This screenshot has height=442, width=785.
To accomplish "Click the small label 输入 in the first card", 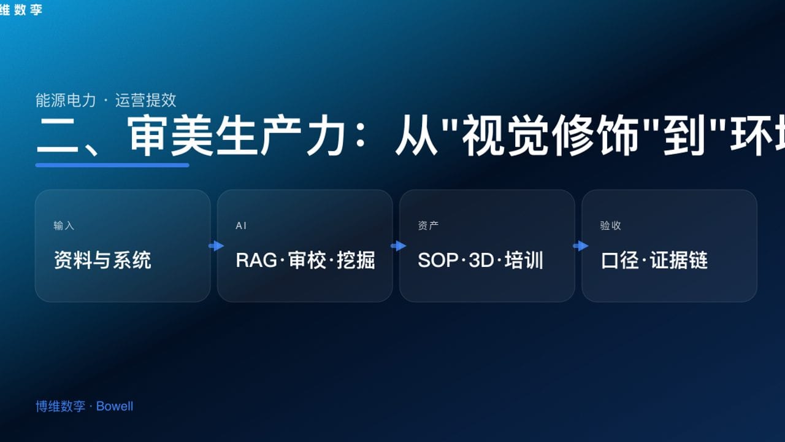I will [x=64, y=226].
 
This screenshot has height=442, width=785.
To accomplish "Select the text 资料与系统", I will [x=102, y=260].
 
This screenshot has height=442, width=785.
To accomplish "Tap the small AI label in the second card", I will [x=241, y=226].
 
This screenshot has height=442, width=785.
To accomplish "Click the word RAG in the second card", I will [x=256, y=260].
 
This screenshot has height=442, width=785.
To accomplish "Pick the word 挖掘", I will [x=356, y=260].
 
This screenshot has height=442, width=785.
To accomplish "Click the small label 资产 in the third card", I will [x=428, y=226].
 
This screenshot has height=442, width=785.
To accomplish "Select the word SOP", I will [x=438, y=260].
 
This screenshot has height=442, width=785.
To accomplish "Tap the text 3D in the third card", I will [x=481, y=260].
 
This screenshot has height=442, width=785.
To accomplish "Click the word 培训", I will [x=524, y=260].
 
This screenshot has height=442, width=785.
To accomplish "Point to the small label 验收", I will [x=610, y=226].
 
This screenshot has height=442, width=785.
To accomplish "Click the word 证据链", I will [x=679, y=260].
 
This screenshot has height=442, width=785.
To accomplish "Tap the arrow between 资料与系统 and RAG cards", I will [x=216, y=246].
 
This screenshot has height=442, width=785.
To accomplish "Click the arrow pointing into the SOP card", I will [x=398, y=246].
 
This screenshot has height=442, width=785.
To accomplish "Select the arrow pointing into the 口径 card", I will [x=580, y=246].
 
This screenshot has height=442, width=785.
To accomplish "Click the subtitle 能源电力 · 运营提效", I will [x=106, y=100].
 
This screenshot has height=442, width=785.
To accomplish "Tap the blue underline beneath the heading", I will [x=112, y=165].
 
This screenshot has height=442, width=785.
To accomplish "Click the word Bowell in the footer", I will [x=115, y=406].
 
